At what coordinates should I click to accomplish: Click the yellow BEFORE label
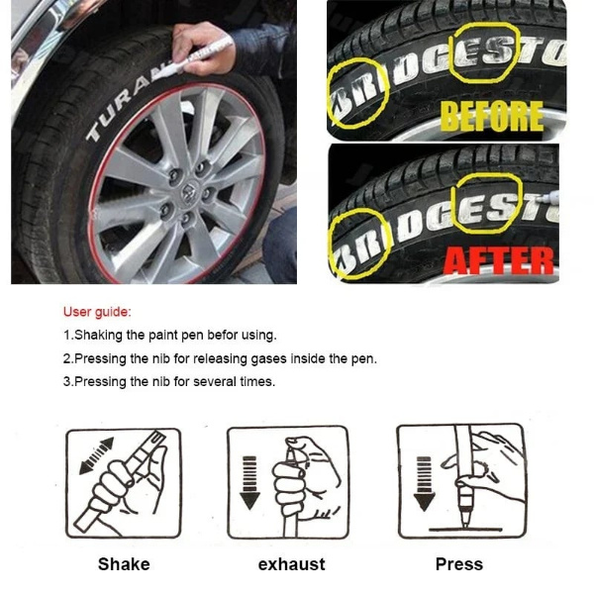tap(492, 116)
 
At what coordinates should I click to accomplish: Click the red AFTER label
tap(498, 259)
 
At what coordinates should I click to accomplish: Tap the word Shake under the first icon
tap(124, 564)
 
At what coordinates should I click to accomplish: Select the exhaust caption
tap(291, 564)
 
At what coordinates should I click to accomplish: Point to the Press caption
tap(459, 564)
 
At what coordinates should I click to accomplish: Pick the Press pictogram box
tap(461, 481)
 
